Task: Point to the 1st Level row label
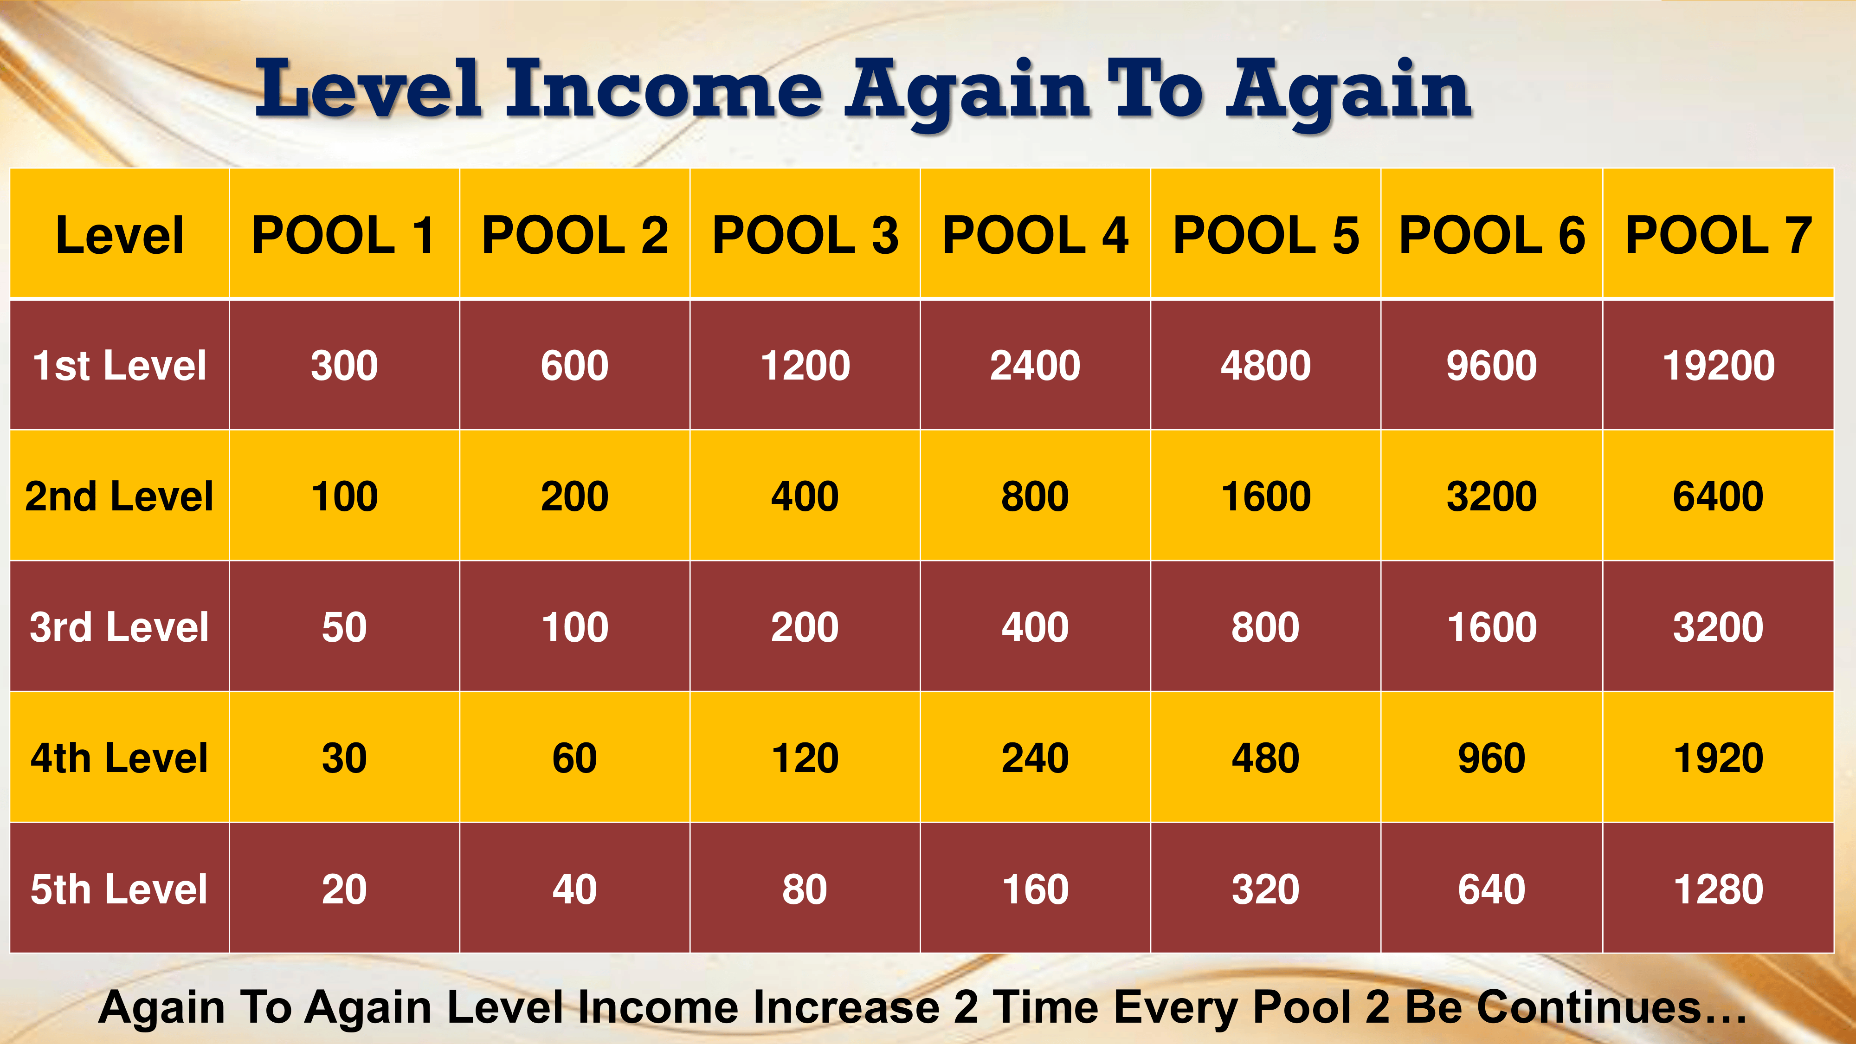tap(120, 365)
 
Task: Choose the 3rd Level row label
tap(120, 627)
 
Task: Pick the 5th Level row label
tap(120, 889)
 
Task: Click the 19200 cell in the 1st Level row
tap(1718, 365)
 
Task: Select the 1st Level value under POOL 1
tap(344, 365)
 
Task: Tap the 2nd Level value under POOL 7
tap(1718, 496)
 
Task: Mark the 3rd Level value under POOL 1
tap(344, 627)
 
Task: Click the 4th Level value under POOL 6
tap(1491, 758)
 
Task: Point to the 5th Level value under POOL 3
tap(805, 889)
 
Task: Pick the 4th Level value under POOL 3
tap(805, 758)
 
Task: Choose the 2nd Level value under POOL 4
tap(1035, 496)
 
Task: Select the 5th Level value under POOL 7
tap(1718, 889)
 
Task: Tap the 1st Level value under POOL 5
tap(1266, 365)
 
